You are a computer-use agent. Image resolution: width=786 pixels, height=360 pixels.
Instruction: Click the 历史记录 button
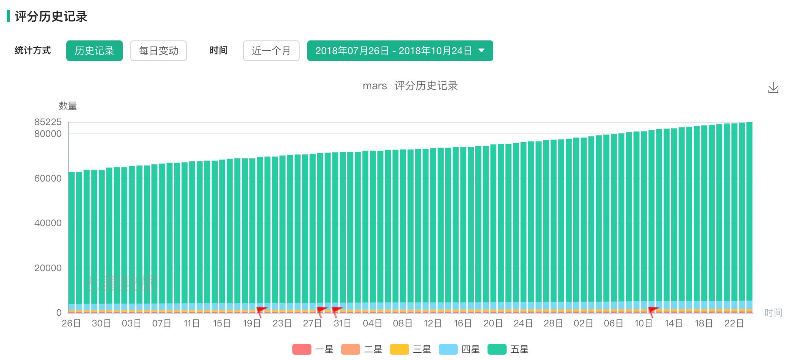94,51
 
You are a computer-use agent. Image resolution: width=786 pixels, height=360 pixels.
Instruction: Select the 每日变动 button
158,51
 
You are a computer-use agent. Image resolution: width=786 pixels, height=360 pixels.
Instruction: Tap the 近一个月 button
271,51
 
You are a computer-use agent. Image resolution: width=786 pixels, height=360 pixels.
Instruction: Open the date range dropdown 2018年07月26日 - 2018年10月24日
400,51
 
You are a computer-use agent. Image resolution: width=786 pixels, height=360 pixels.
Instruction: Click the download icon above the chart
773,88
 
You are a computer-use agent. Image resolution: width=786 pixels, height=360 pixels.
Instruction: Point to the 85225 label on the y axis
48,122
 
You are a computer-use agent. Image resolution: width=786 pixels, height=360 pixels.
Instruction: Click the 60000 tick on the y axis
48,178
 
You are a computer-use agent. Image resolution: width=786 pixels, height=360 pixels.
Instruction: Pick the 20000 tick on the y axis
48,268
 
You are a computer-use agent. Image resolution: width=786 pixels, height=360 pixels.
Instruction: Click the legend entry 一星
313,349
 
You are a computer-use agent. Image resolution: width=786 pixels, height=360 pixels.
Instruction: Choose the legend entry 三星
411,349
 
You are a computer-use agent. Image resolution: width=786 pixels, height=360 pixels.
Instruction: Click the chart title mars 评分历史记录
410,86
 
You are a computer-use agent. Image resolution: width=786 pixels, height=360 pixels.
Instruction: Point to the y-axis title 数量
68,106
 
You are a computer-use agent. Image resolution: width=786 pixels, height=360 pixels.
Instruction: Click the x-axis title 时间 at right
773,313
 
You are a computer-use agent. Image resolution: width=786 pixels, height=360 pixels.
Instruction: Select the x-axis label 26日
71,323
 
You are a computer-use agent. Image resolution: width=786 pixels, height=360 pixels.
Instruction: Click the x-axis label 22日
734,323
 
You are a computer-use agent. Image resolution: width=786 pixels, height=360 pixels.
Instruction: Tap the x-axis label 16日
463,323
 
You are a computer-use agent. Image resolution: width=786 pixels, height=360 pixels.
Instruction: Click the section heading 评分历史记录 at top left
51,17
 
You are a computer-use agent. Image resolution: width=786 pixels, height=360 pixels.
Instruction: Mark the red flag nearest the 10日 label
653,310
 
